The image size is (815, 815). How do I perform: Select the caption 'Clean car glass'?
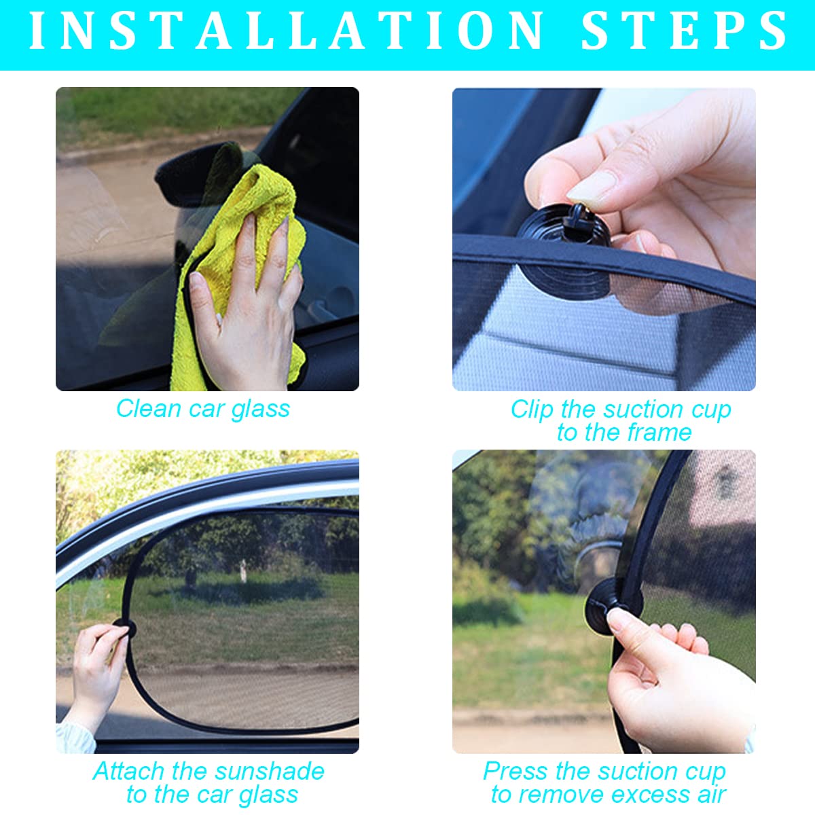[202, 409]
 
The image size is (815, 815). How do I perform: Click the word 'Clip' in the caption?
[532, 410]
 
